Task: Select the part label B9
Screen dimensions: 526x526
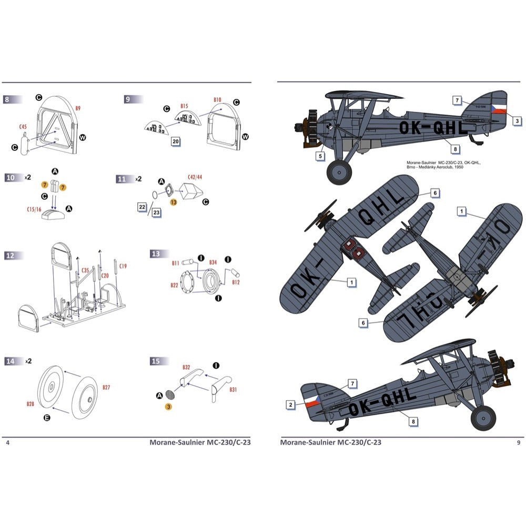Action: (78, 108)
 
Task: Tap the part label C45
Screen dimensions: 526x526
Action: (23, 127)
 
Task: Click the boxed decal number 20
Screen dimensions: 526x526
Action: (176, 141)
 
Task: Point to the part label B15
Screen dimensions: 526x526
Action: (184, 106)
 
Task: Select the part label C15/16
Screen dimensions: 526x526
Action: (35, 209)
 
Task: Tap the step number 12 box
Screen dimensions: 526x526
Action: (11, 255)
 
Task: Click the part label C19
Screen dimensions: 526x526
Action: (123, 266)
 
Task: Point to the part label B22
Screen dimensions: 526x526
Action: (174, 286)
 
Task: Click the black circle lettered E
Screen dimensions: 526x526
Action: (47, 417)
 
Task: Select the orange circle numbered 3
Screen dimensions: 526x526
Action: (168, 406)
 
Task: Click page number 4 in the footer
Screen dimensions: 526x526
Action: (7, 442)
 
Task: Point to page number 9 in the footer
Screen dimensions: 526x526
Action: (519, 442)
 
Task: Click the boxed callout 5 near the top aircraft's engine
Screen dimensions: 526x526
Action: (320, 156)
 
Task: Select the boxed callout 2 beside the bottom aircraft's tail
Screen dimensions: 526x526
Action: (290, 404)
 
